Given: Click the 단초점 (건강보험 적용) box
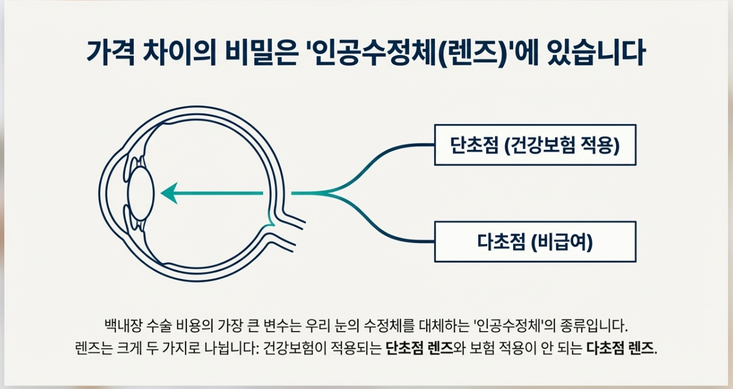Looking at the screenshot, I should point(535,145).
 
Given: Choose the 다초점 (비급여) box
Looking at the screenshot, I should point(535,242).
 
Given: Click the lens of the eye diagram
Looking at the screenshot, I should point(141,192).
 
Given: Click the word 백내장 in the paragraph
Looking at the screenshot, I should point(120,327).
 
